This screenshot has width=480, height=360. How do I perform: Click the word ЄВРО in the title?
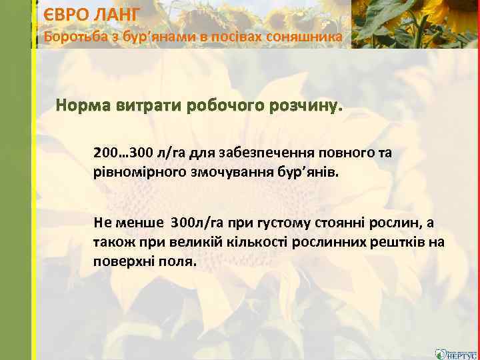point(65,13)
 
